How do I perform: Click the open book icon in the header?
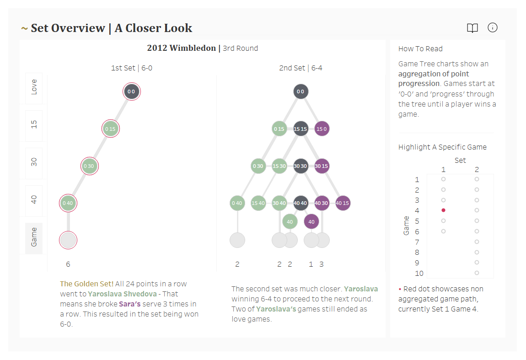click(x=472, y=28)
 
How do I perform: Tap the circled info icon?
click(x=493, y=28)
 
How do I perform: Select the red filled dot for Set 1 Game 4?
click(x=443, y=210)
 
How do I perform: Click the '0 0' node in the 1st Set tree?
click(x=131, y=91)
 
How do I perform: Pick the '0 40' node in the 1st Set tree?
click(x=68, y=203)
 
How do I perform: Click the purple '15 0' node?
click(x=322, y=129)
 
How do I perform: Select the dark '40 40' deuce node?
click(x=301, y=203)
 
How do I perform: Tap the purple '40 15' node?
click(x=343, y=203)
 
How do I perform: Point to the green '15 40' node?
click(x=258, y=203)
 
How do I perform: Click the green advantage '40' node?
click(x=290, y=222)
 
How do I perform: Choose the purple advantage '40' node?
click(x=311, y=222)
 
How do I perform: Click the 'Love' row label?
click(x=34, y=87)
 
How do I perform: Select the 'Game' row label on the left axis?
click(x=34, y=237)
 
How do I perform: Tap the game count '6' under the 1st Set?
click(x=68, y=264)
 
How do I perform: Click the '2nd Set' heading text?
click(x=292, y=68)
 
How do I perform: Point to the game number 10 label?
click(x=419, y=274)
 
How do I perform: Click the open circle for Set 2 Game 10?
click(x=477, y=273)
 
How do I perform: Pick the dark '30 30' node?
click(x=301, y=166)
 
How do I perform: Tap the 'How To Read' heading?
click(x=420, y=49)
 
